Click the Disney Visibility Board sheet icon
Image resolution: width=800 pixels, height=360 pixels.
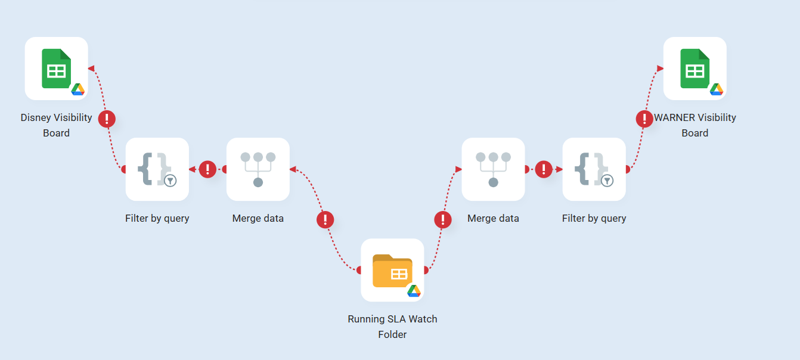[x=56, y=69]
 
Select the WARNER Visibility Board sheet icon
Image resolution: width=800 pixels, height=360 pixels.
[x=694, y=69]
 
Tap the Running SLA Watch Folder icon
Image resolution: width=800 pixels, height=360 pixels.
[x=392, y=270]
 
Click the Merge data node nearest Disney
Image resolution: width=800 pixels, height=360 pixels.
[x=258, y=169]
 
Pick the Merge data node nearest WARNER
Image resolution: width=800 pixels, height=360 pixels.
[x=493, y=169]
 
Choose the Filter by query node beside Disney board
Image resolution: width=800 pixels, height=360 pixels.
[x=157, y=169]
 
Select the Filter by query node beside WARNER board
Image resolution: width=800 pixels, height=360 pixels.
[x=594, y=169]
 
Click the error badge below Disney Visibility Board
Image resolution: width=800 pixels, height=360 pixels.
[x=107, y=119]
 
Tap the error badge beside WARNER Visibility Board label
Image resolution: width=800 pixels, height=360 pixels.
[x=644, y=119]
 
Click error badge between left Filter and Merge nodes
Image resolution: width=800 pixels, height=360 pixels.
[x=207, y=169]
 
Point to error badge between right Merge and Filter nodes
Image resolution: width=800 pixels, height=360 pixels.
[x=544, y=169]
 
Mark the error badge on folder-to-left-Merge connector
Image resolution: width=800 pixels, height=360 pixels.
[x=325, y=220]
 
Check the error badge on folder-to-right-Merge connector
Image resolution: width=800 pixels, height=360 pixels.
[x=442, y=220]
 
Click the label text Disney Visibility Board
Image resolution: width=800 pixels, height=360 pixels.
[x=56, y=125]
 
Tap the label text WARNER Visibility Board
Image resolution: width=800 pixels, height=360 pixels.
[x=695, y=125]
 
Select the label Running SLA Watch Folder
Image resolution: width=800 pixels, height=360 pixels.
[x=392, y=327]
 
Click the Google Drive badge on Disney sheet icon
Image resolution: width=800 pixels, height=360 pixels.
[x=78, y=89]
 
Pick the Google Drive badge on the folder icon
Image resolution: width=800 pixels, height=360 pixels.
[x=414, y=291]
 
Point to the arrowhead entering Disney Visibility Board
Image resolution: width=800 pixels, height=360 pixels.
[x=91, y=69]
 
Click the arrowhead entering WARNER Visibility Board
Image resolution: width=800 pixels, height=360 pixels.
[x=660, y=69]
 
